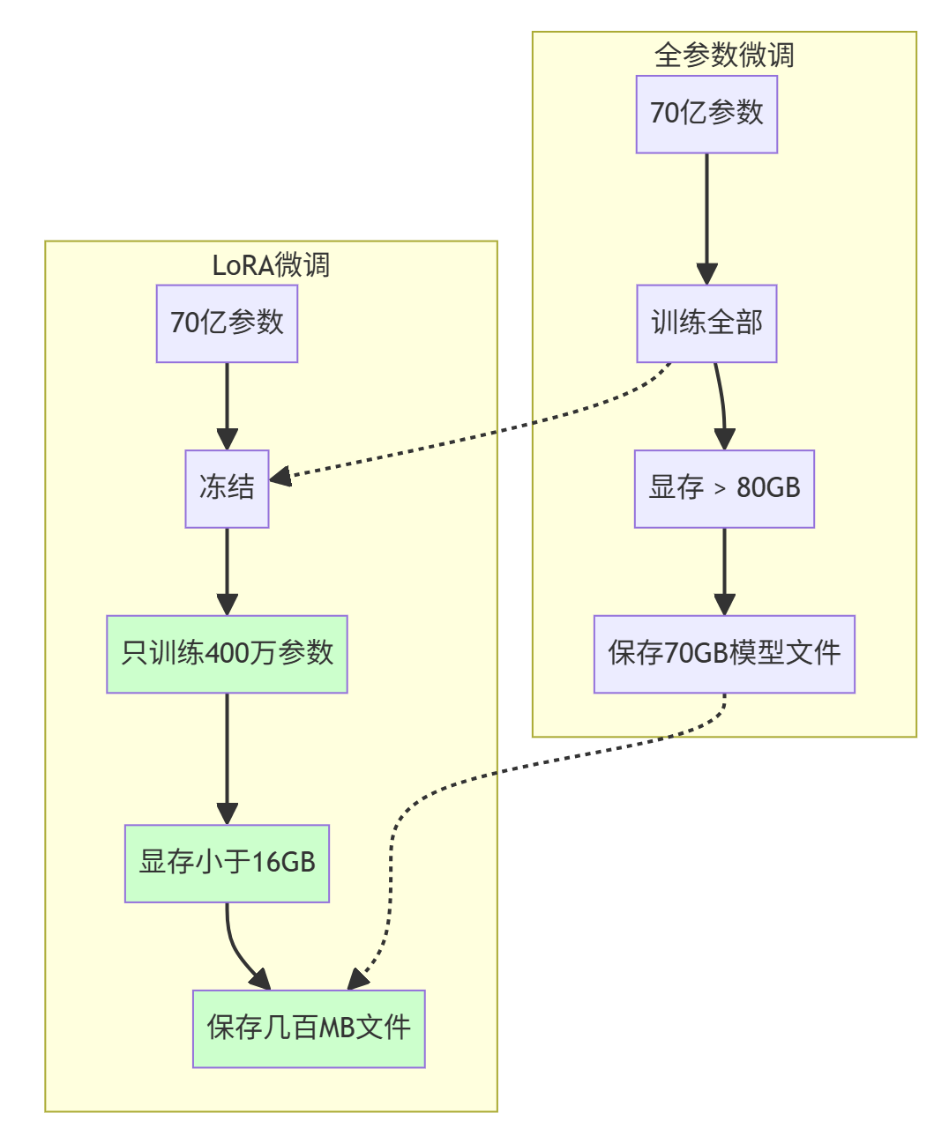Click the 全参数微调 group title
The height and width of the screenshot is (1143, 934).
pos(724,55)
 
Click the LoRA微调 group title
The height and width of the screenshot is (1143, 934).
pos(271,264)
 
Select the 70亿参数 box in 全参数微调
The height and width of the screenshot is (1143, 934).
pos(706,114)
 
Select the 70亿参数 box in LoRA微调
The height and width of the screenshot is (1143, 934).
pos(227,323)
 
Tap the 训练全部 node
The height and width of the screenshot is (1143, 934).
pos(706,323)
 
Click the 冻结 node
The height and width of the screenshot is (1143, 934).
pos(227,488)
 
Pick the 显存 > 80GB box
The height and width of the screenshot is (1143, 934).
pos(724,488)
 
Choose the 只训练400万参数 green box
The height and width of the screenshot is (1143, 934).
pos(227,654)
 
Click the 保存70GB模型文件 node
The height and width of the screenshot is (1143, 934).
pos(724,654)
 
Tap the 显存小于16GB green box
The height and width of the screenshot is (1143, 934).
pos(227,863)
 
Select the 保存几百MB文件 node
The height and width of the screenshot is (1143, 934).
pos(309,1028)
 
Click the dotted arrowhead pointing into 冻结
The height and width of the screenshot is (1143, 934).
pos(280,478)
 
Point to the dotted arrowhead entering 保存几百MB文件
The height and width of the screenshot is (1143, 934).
pos(357,979)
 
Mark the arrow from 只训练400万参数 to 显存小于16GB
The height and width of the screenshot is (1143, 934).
pos(227,758)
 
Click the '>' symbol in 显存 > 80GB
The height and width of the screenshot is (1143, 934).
pos(720,489)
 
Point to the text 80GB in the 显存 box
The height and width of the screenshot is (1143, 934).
pos(768,488)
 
